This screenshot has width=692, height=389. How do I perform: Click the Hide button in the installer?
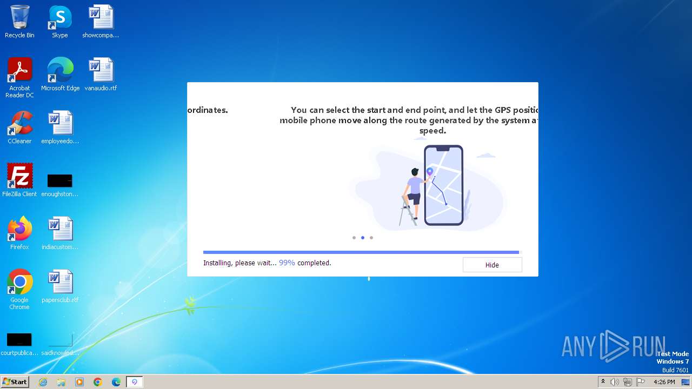[492, 265]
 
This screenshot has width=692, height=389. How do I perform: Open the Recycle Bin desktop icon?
[19, 18]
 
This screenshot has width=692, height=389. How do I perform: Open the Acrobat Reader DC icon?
[19, 71]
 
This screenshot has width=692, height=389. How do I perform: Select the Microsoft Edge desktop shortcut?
[60, 71]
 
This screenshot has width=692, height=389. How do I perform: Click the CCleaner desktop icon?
[19, 124]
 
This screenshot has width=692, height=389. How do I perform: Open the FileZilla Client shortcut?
[19, 177]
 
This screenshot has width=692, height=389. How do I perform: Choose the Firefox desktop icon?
[19, 230]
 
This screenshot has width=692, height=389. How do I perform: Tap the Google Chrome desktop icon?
[19, 282]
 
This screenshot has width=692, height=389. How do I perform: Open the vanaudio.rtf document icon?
[101, 71]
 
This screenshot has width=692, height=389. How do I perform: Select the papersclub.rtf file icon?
[60, 282]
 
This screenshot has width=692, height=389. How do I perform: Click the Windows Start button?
[15, 382]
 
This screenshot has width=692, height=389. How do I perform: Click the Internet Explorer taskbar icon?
[43, 382]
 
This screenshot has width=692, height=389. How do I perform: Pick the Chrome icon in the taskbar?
[98, 382]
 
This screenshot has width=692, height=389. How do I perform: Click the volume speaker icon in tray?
[615, 382]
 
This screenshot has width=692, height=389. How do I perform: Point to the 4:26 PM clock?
[664, 382]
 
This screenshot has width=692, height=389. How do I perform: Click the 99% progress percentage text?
[287, 263]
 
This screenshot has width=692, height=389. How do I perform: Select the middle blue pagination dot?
[363, 238]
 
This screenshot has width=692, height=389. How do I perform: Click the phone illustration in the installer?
[443, 185]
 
